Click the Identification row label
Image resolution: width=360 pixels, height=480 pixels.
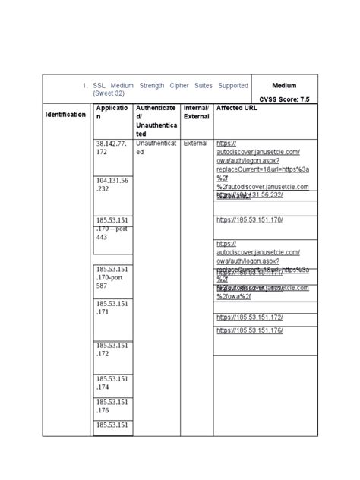click(66, 114)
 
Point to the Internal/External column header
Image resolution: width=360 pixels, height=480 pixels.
click(197, 112)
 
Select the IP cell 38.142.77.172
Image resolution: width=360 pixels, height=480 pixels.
click(111, 147)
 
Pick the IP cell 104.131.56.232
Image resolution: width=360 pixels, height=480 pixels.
click(111, 184)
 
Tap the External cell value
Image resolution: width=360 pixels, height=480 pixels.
click(195, 143)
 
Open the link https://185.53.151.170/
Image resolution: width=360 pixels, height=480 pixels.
click(250, 219)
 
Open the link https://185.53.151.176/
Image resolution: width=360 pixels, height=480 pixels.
click(250, 330)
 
